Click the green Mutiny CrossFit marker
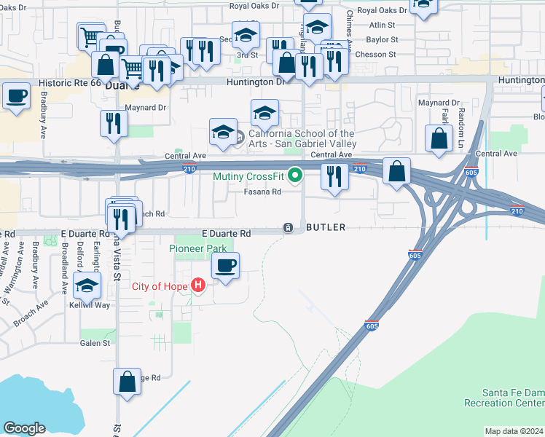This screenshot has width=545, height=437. click(x=295, y=176)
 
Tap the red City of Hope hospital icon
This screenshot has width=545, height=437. click(x=197, y=286)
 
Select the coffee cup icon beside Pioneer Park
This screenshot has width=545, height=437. click(x=225, y=266)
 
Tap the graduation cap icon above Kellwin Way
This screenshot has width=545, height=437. click(x=87, y=287)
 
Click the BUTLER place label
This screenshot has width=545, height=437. click(x=326, y=228)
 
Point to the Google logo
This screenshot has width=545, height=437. click(x=24, y=428)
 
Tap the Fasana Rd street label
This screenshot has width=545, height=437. click(x=262, y=192)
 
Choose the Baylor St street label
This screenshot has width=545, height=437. click(x=382, y=39)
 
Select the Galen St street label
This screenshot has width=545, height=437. click(x=95, y=343)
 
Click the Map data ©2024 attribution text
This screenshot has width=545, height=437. click(x=513, y=431)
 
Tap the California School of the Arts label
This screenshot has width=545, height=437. click(x=302, y=138)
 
